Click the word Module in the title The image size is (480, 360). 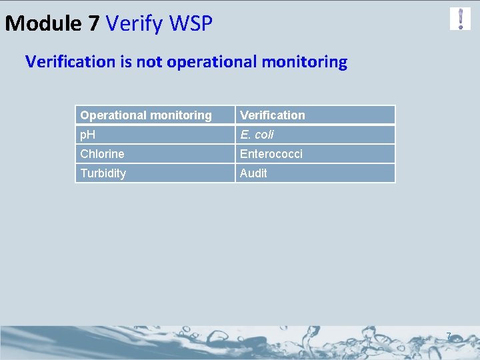tap(43, 24)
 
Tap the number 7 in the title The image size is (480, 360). tap(93, 24)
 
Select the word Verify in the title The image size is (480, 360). tap(135, 24)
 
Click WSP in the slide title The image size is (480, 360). tap(191, 24)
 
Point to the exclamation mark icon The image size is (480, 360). tap(460, 19)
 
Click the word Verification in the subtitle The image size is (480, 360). tap(70, 62)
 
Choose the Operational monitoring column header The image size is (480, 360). tap(155, 115)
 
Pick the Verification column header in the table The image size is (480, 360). tap(315, 115)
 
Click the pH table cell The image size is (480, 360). tap(155, 135)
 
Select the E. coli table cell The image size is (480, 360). tap(315, 135)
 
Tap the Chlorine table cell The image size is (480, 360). tap(155, 154)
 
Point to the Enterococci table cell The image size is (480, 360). tap(315, 154)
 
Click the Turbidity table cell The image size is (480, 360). tap(155, 173)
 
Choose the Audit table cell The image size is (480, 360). tap(315, 173)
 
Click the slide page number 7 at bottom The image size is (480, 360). tap(449, 336)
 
